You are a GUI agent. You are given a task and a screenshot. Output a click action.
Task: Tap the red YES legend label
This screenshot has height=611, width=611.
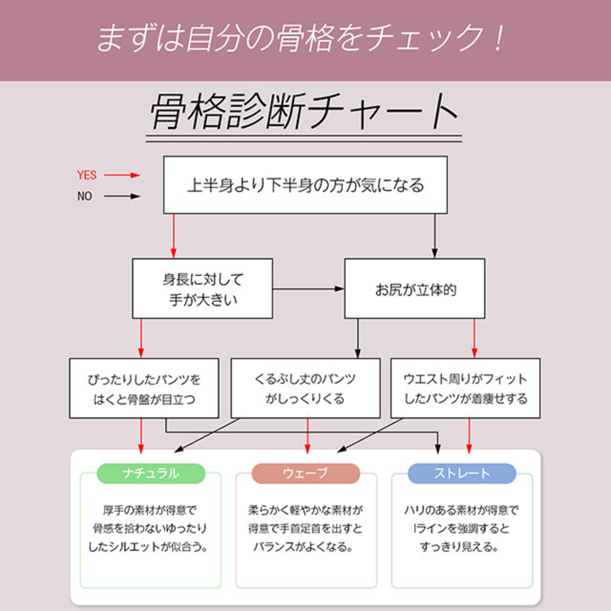pos(87,175)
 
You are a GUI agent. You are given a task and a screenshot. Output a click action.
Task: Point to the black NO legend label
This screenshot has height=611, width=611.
pos(85,196)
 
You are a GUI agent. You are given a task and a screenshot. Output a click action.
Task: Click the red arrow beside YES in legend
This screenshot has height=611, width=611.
pos(122,175)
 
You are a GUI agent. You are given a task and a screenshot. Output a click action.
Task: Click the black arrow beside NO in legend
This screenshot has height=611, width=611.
pos(122,196)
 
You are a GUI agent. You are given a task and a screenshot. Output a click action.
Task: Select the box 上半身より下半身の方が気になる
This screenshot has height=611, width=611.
pos(305,185)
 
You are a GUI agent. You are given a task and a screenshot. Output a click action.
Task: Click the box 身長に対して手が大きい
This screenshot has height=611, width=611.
pos(202,289)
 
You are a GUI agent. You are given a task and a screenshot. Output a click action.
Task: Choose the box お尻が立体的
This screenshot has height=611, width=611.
pos(415,289)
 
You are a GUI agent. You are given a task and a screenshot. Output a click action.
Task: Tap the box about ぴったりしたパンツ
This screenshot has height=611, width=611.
pos(144,388)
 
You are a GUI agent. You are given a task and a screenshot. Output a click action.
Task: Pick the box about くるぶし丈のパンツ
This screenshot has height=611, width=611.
pos(305,388)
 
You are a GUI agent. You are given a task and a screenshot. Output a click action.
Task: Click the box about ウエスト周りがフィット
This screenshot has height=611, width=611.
pos(465,388)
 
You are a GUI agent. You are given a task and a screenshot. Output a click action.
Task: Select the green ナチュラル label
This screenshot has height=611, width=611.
pos(151,473)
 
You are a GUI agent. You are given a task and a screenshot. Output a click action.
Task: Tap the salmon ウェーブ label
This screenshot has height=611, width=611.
pos(305,473)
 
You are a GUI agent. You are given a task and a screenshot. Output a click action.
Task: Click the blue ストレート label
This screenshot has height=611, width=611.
pos(462,473)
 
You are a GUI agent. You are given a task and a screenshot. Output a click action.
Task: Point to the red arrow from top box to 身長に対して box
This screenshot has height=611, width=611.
pos(173,236)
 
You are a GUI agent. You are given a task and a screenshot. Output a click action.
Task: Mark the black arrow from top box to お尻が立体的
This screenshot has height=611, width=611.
pos(435,236)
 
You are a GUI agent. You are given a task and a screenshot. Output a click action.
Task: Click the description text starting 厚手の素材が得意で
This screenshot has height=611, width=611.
pos(150,528)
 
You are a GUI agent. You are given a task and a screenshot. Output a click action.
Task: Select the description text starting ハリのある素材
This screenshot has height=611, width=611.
pos(461,528)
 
